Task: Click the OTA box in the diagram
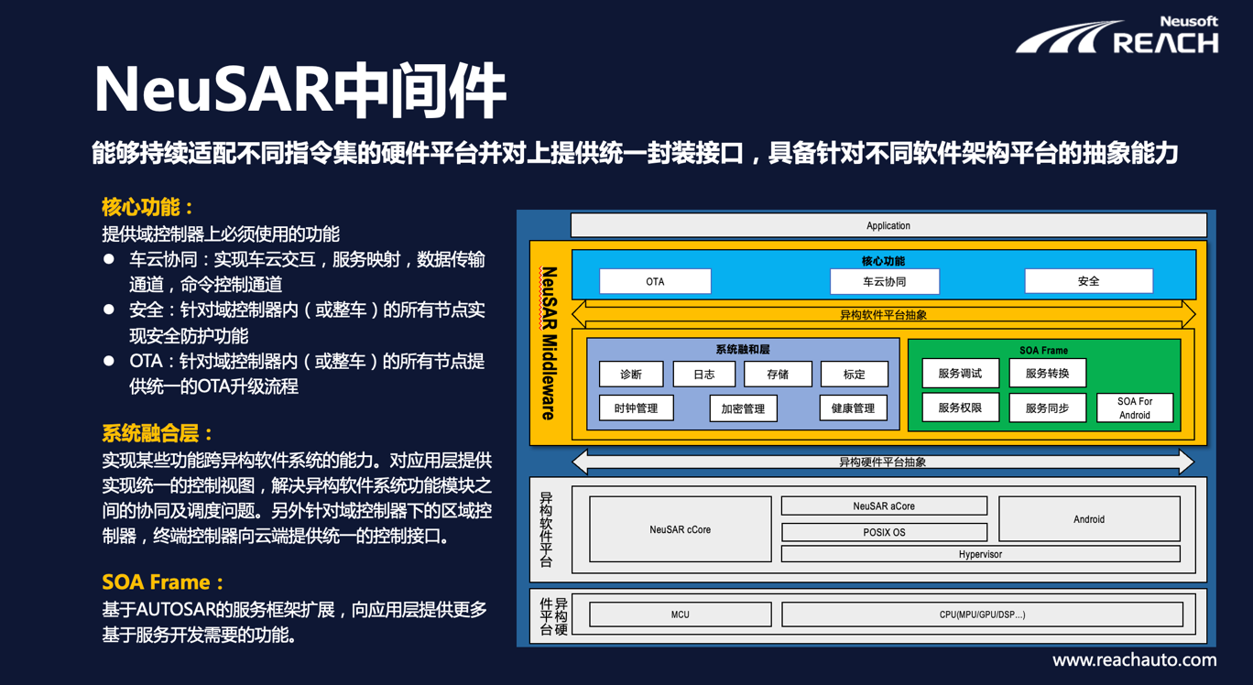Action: click(655, 281)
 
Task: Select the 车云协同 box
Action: click(885, 281)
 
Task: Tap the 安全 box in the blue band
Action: click(1088, 281)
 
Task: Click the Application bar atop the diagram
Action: click(888, 225)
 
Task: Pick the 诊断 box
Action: click(631, 374)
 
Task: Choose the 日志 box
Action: click(704, 374)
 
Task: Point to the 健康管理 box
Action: click(853, 408)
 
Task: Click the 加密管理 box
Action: click(743, 408)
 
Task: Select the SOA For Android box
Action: click(1135, 408)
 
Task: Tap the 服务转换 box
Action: click(1047, 373)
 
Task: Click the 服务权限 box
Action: click(960, 408)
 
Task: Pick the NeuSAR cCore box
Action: click(681, 529)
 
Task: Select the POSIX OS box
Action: click(884, 532)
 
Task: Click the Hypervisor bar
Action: click(980, 554)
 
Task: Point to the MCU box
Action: click(681, 614)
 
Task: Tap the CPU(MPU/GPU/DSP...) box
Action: click(982, 614)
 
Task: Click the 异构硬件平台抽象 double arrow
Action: click(883, 462)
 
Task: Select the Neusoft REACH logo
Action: click(1117, 35)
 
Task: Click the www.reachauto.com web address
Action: click(1135, 660)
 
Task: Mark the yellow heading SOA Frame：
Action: click(163, 582)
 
